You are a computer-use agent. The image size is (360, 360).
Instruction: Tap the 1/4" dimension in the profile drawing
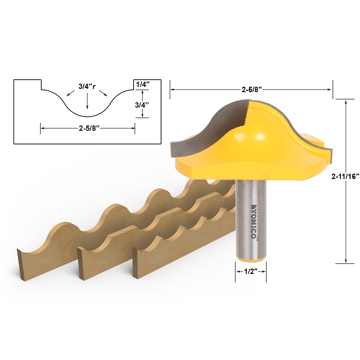142,84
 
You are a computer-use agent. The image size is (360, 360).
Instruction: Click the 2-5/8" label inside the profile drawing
88,128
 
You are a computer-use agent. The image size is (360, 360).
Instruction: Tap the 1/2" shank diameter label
250,272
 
